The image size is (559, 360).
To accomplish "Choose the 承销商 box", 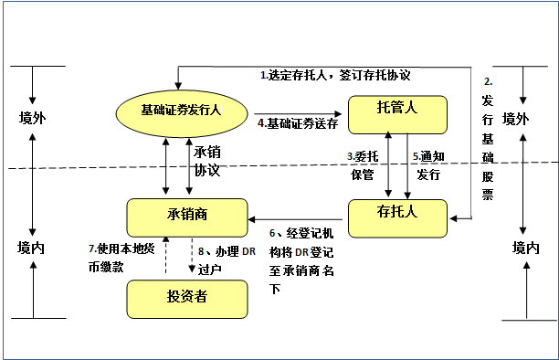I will [188, 215].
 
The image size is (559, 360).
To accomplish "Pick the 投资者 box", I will [188, 297].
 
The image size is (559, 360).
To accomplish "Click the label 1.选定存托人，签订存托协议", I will [334, 76].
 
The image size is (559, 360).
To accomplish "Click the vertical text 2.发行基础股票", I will [488, 137].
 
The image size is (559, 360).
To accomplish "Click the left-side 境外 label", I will [33, 119].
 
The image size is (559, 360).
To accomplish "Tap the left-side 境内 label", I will [33, 248].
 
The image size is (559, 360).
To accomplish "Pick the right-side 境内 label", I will [525, 248].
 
